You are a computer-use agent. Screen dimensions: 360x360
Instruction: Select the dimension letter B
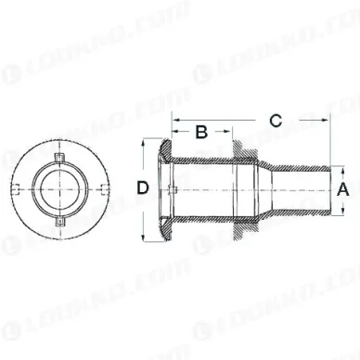tap(200, 131)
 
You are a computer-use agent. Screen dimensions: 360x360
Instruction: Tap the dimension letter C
tap(275, 119)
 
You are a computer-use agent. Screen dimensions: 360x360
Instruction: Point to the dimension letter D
tap(144, 188)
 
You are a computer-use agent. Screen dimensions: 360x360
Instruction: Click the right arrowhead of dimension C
tap(327, 121)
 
